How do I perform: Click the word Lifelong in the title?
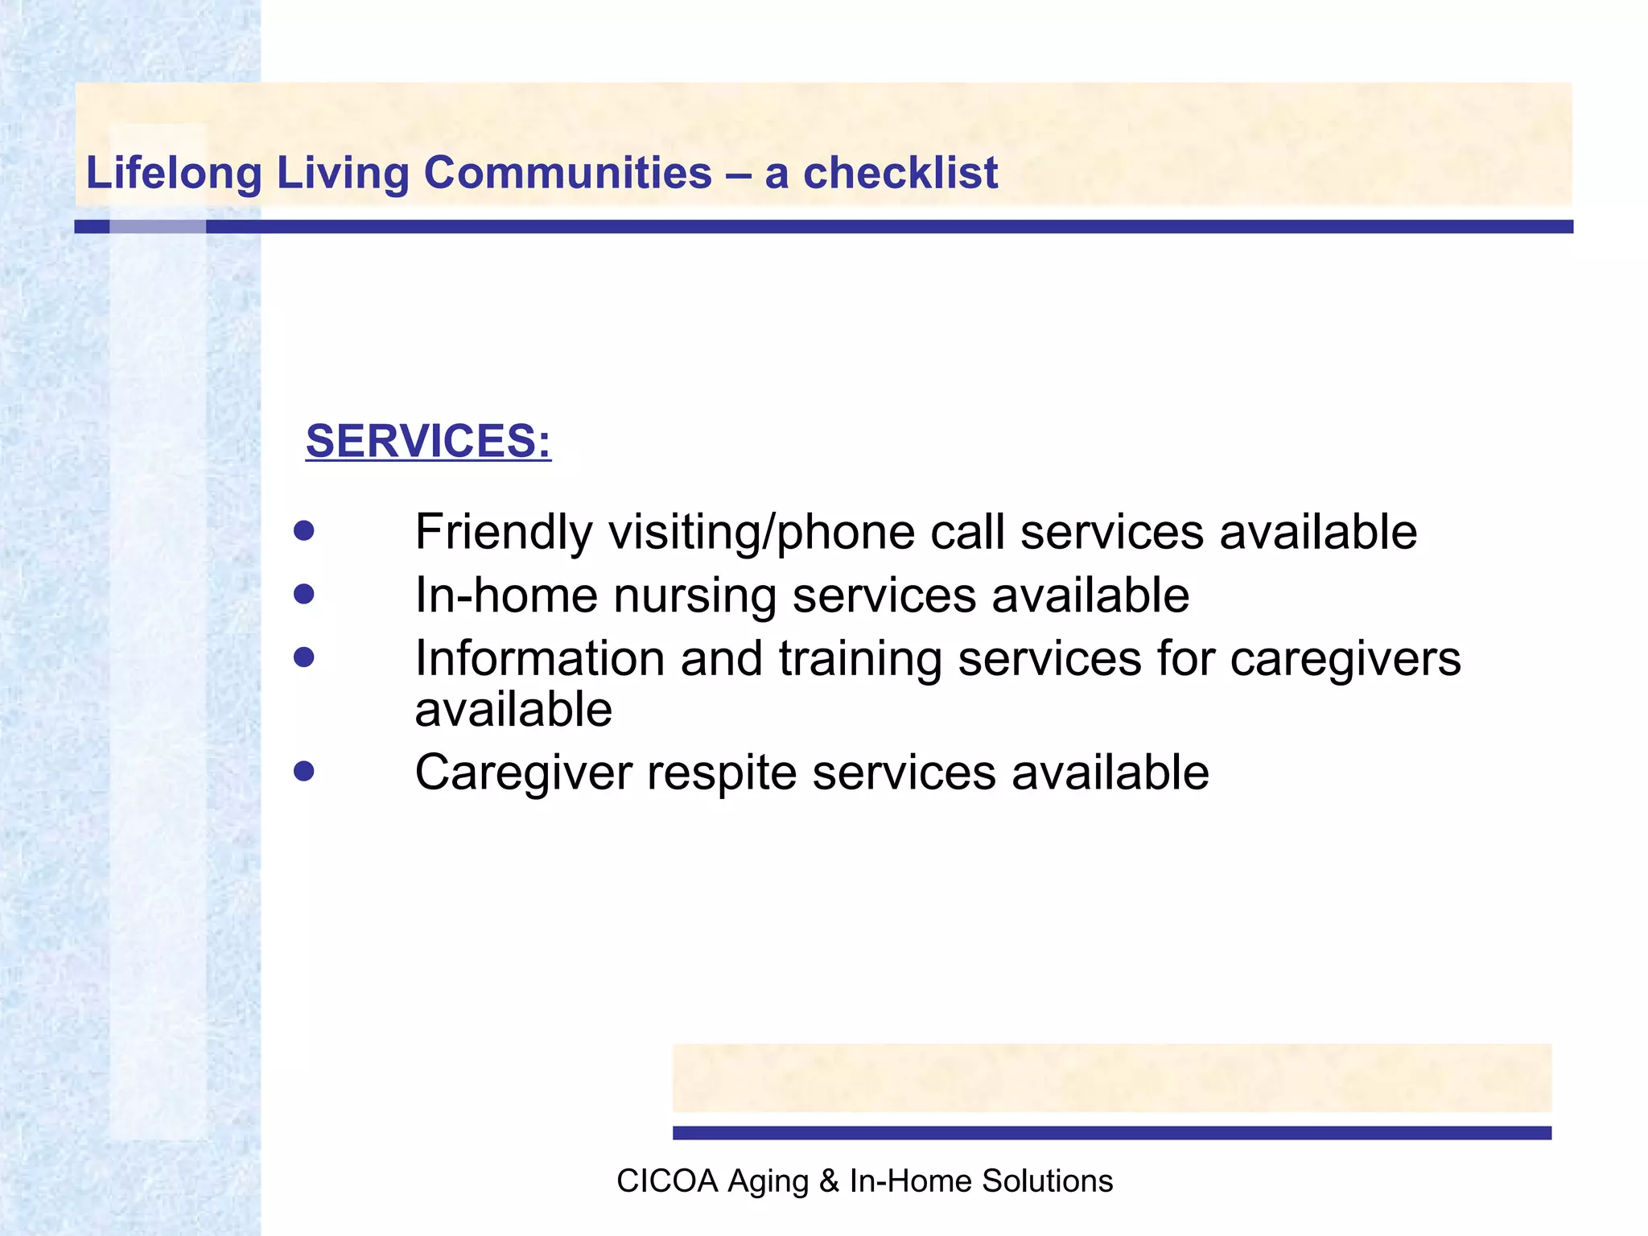click(x=174, y=173)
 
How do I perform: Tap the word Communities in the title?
click(x=567, y=173)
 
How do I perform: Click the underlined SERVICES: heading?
click(x=428, y=441)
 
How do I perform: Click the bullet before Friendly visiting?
click(x=303, y=531)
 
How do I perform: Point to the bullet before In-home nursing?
click(x=303, y=595)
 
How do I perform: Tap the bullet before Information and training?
click(x=303, y=658)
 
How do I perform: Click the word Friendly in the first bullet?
click(x=504, y=532)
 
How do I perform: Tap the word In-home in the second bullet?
click(x=505, y=595)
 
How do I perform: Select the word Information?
click(x=539, y=658)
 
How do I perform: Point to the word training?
click(x=859, y=658)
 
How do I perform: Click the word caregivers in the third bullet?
click(x=1345, y=658)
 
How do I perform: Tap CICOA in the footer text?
click(x=666, y=1180)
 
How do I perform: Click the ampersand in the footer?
click(x=829, y=1180)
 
